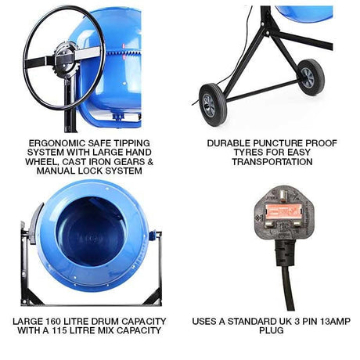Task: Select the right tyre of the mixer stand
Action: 310,77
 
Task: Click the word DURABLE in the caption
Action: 231,143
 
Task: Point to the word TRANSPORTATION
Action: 269,162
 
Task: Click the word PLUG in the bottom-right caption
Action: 269,330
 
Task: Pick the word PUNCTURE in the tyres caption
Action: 283,143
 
